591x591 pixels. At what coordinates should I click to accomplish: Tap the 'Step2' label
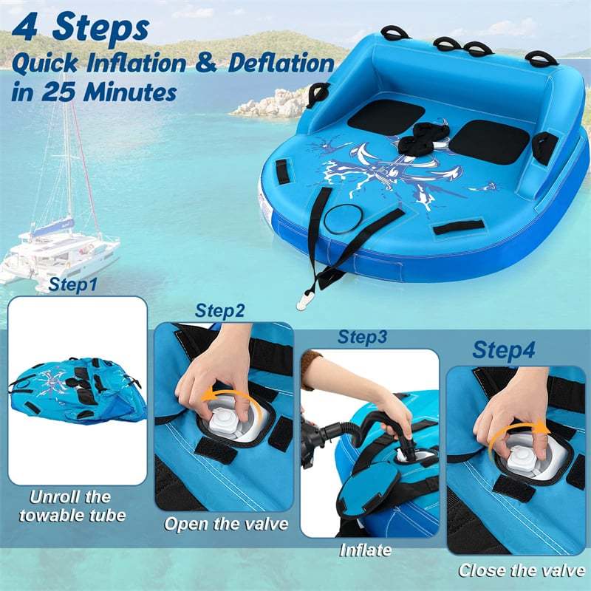coord(219,310)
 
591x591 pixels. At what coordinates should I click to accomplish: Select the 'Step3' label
coord(362,337)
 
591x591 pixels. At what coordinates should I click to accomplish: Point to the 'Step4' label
coord(504,349)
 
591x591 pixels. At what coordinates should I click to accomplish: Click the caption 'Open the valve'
coord(226,525)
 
